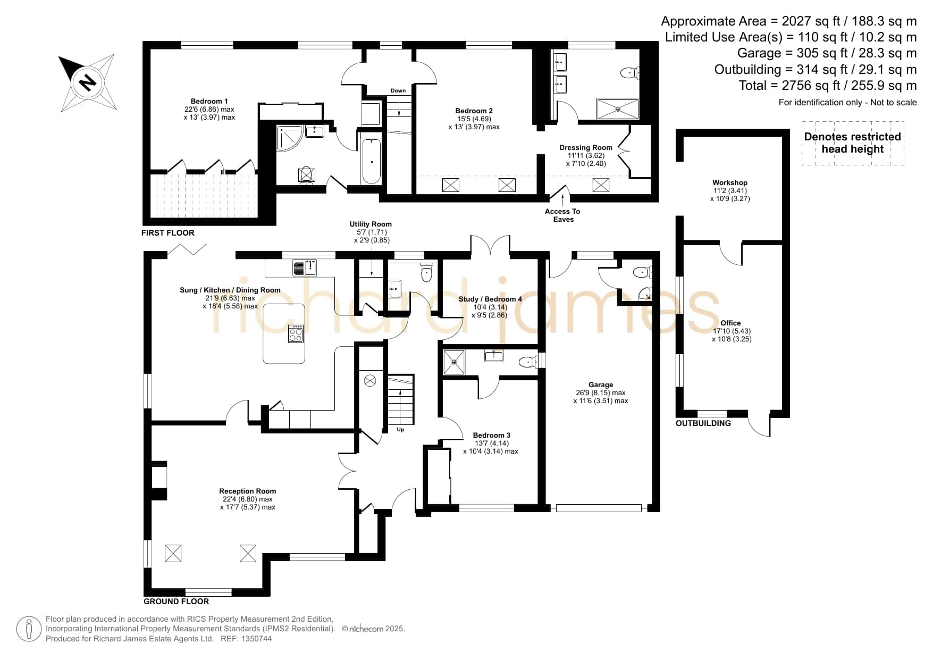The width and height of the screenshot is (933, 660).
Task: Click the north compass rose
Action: pyautogui.click(x=87, y=82)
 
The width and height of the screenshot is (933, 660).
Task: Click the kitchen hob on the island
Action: pyautogui.click(x=296, y=334)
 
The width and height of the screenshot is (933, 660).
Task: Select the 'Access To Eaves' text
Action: pyautogui.click(x=562, y=215)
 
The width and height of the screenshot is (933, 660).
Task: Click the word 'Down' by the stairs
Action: pyautogui.click(x=398, y=91)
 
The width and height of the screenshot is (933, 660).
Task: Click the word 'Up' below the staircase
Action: pyautogui.click(x=400, y=430)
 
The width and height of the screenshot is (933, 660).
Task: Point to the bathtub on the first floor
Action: pyautogui.click(x=371, y=161)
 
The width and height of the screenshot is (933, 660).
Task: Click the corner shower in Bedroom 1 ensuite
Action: pyautogui.click(x=289, y=138)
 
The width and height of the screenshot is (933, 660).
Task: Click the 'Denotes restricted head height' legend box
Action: pyautogui.click(x=853, y=143)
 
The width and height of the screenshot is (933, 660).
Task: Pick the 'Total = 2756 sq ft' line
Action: pyautogui.click(x=828, y=86)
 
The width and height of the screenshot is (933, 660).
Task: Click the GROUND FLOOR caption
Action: pyautogui.click(x=176, y=601)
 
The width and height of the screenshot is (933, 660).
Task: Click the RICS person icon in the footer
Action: pyautogui.click(x=29, y=629)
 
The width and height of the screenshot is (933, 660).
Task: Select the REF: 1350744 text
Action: pyautogui.click(x=246, y=639)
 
